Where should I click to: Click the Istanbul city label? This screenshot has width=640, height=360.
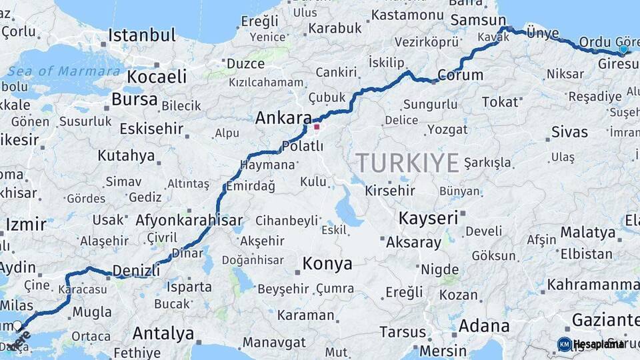(141, 35)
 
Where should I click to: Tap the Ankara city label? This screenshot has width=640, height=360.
(283, 119)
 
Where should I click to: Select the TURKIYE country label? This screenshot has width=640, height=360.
(407, 163)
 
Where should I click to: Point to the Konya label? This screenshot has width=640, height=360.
(327, 264)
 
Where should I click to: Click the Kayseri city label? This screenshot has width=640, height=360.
(428, 218)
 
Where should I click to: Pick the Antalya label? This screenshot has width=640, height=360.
(163, 333)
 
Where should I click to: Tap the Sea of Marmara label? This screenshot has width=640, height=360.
(65, 71)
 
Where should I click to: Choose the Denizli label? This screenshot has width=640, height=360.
(136, 270)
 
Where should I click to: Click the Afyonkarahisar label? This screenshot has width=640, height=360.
(189, 220)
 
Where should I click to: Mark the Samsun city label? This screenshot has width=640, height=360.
(478, 21)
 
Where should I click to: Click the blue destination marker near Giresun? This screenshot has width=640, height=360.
(623, 49)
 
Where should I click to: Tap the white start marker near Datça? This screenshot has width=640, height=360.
(18, 325)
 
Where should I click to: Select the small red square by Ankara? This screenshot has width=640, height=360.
(317, 127)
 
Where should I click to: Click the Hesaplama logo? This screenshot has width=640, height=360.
(591, 344)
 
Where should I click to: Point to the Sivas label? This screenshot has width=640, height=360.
(569, 131)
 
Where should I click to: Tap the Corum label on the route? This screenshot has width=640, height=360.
(461, 75)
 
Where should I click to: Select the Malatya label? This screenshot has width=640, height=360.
(587, 233)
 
